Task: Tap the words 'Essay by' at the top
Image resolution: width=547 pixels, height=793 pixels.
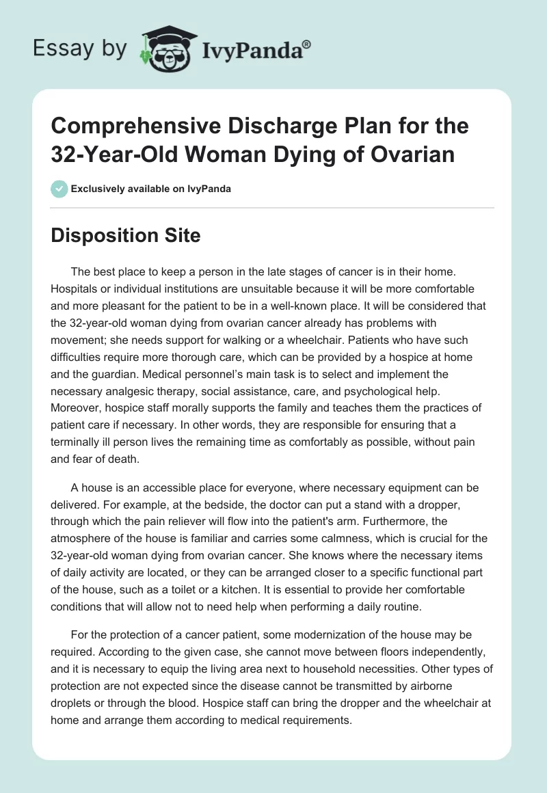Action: (79, 49)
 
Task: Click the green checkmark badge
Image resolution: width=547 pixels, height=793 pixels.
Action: (59, 189)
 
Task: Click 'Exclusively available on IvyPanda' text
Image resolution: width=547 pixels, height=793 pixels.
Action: (151, 189)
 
